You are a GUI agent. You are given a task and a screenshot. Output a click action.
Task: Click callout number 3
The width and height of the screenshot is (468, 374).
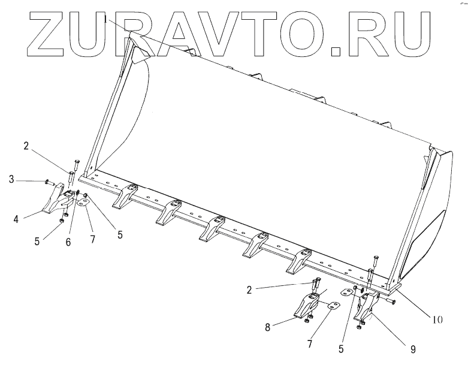[11, 179]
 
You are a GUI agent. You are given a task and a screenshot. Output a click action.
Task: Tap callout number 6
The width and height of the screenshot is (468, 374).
[68, 242]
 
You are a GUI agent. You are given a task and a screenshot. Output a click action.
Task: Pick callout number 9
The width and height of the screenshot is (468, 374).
[412, 348]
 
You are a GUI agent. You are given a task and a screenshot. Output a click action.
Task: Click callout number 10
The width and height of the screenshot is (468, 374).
[437, 319]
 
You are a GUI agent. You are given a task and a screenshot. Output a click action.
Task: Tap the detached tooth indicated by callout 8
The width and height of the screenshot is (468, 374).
[309, 306]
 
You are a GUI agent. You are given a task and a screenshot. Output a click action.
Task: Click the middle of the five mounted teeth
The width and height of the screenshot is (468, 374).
[213, 228]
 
